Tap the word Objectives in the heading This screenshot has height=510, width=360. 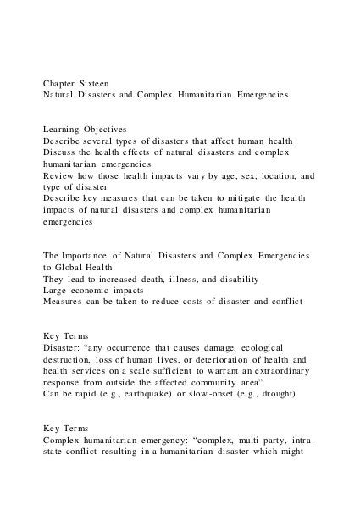click(102, 128)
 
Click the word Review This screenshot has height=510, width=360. click(59, 176)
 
